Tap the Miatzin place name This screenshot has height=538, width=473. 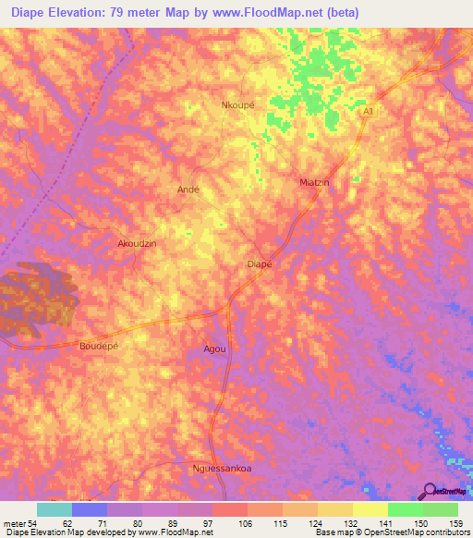click(315, 182)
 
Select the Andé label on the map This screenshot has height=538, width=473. click(188, 189)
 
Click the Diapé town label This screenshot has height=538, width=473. click(260, 264)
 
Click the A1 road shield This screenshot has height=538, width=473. click(369, 111)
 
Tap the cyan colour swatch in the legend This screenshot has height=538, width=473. click(55, 509)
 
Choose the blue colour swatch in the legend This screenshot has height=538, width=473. click(90, 509)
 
